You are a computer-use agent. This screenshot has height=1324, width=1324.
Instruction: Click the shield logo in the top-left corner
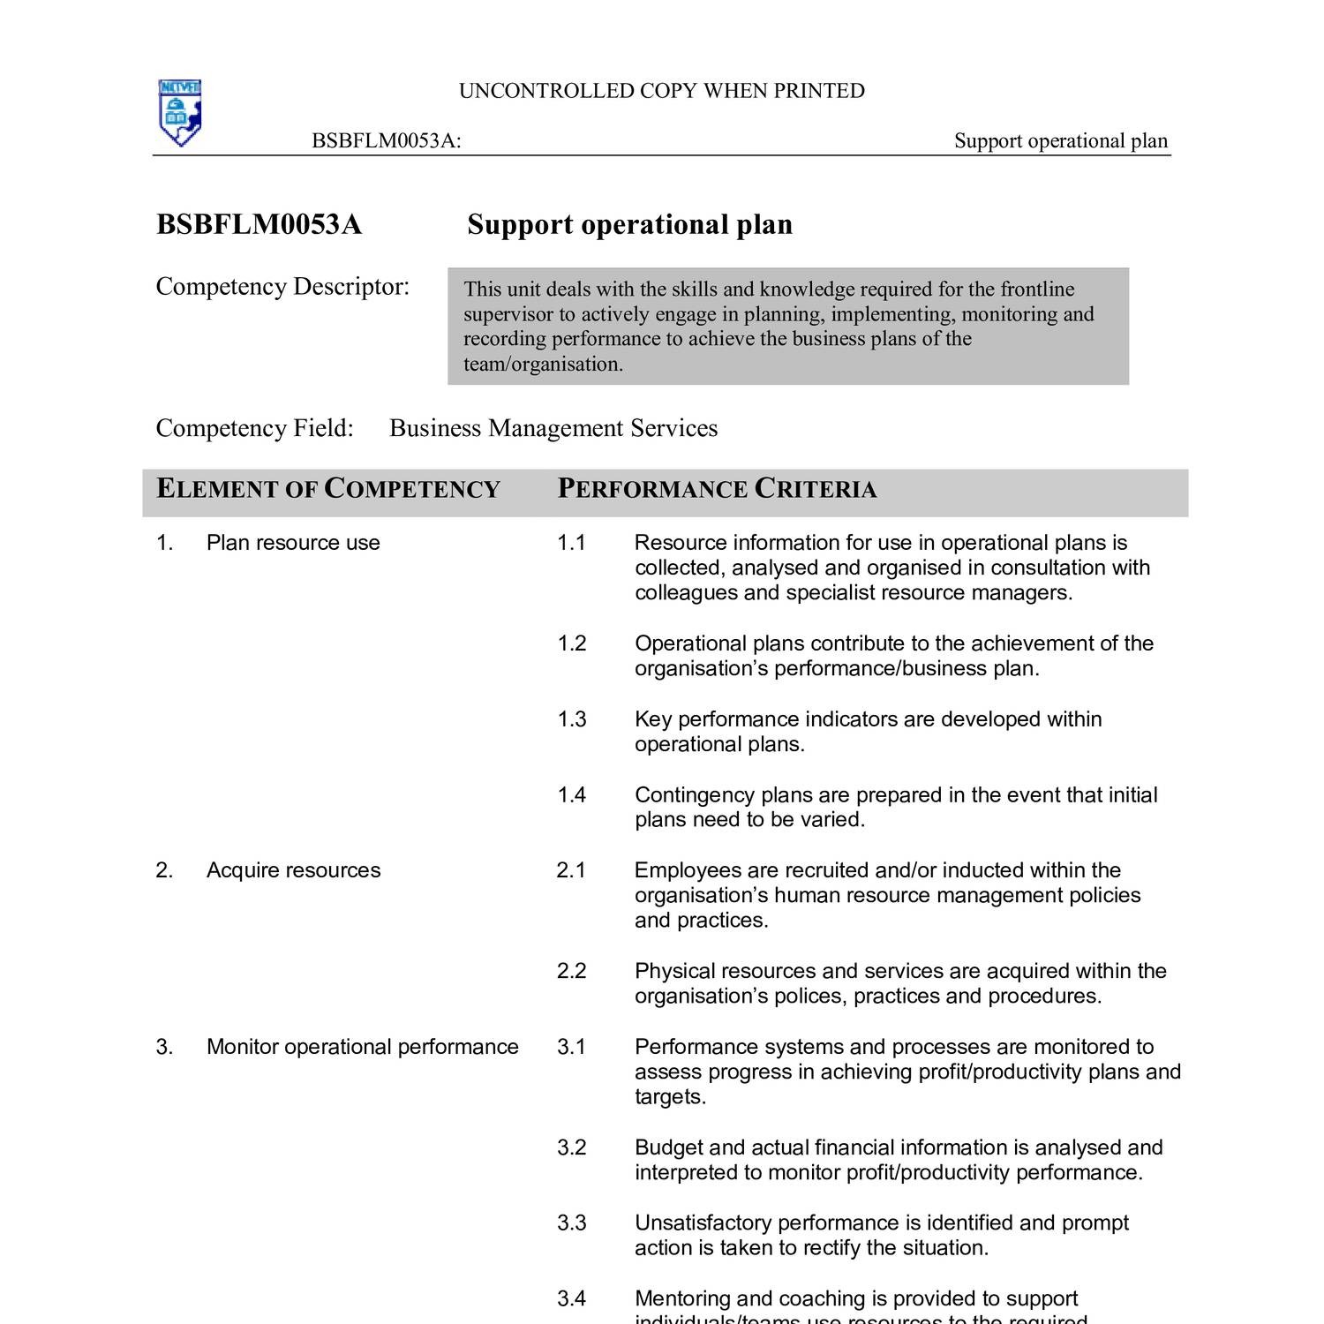tap(180, 113)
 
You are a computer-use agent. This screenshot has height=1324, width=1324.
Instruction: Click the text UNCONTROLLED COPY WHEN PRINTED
tap(661, 91)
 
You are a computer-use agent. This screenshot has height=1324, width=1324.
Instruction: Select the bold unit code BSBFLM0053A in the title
tap(259, 225)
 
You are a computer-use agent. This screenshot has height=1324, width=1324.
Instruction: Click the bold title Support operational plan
tap(629, 225)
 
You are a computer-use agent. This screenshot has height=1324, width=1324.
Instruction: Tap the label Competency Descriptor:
tap(282, 287)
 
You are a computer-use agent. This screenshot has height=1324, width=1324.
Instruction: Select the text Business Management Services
tap(553, 428)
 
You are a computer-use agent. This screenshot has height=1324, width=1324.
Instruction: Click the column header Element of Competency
tap(328, 490)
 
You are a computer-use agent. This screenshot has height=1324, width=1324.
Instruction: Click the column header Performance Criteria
tap(717, 490)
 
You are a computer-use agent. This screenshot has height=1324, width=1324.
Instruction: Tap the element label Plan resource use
tap(293, 543)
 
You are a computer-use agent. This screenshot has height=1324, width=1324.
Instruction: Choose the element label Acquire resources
tap(293, 870)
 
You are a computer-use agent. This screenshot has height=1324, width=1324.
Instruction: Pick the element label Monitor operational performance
tap(362, 1047)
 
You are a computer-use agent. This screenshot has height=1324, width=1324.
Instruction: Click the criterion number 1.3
tap(571, 719)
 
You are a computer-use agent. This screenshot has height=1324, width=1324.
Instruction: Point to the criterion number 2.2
tap(571, 971)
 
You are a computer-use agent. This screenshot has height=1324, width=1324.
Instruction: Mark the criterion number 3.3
tap(571, 1223)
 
